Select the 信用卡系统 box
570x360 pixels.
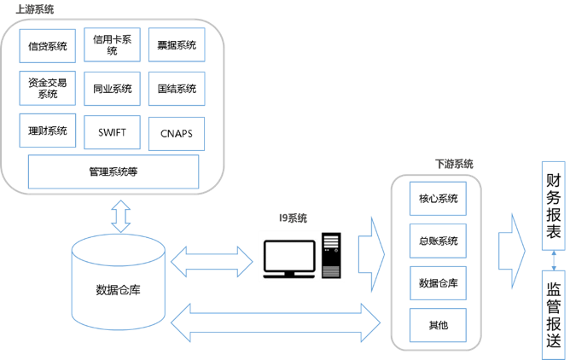(x=112, y=45)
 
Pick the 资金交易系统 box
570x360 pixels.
(x=48, y=88)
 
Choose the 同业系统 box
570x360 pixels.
(x=112, y=88)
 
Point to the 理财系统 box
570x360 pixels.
(x=48, y=131)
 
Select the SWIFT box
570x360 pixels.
(x=112, y=132)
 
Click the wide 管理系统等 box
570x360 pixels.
(x=113, y=171)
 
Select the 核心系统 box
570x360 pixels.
(x=439, y=199)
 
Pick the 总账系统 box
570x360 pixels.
(x=439, y=241)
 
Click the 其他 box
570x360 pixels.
(x=439, y=324)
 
